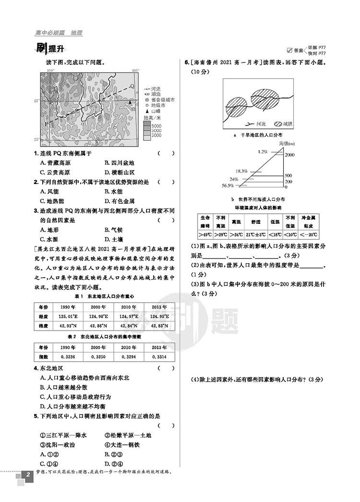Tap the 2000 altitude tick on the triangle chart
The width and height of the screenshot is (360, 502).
[x=290, y=155]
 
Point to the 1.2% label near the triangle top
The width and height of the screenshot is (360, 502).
[x=262, y=152]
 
